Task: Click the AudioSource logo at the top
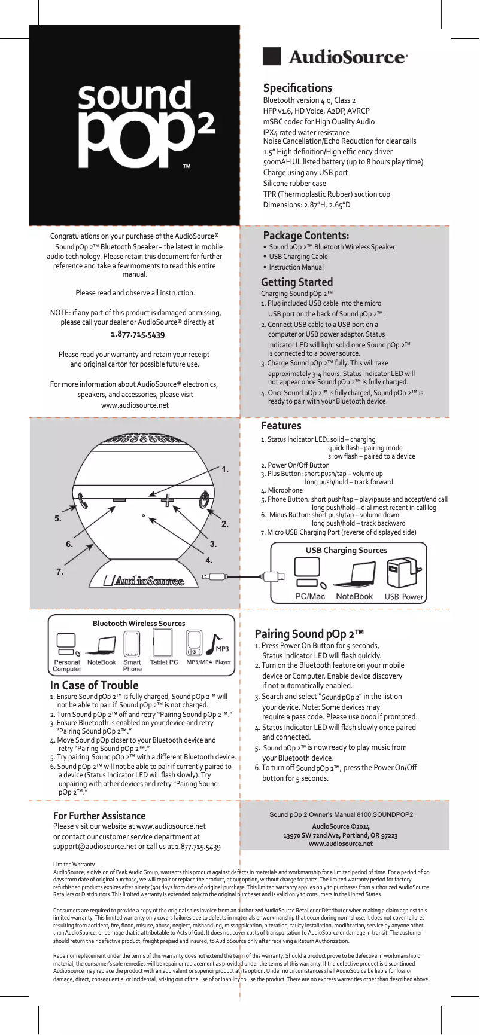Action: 336,57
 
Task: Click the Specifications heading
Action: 297,88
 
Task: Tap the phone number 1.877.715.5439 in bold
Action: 138,334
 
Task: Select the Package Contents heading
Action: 306,235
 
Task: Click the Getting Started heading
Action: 297,282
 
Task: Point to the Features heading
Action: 281,426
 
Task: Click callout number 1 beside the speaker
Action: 225,470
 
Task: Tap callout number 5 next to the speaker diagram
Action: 58,518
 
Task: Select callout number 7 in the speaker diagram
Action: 60,572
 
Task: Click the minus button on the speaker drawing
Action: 119,499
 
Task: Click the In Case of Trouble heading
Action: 94,685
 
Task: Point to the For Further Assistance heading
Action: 99,816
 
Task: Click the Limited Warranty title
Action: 74,865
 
